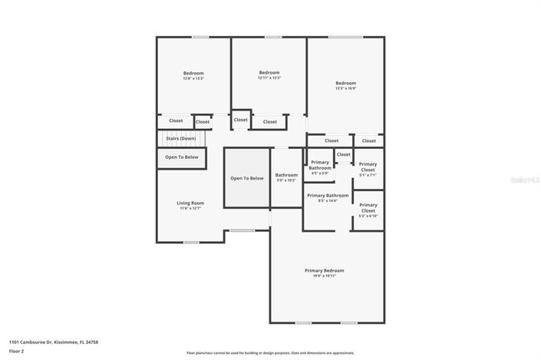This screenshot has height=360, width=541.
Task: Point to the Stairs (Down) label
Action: pyautogui.click(x=182, y=138)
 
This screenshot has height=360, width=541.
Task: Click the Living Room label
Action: pyautogui.click(x=190, y=203)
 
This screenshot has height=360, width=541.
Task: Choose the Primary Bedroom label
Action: pyautogui.click(x=324, y=270)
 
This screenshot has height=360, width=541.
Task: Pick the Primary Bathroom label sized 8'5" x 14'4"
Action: pyautogui.click(x=328, y=196)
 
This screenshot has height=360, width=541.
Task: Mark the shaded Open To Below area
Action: pyautogui.click(x=247, y=178)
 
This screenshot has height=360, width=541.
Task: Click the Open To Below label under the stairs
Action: pyautogui.click(x=182, y=157)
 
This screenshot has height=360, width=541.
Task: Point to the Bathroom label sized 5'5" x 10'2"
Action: pyautogui.click(x=286, y=175)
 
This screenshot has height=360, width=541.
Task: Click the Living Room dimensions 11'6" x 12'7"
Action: pyautogui.click(x=190, y=208)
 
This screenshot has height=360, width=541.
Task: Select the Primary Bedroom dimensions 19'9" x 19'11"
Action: pyautogui.click(x=324, y=276)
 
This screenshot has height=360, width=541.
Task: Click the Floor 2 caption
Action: pyautogui.click(x=17, y=351)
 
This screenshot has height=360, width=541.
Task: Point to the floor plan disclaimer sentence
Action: pyautogui.click(x=269, y=353)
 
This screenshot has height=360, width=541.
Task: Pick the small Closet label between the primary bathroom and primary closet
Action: pyautogui.click(x=344, y=154)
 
